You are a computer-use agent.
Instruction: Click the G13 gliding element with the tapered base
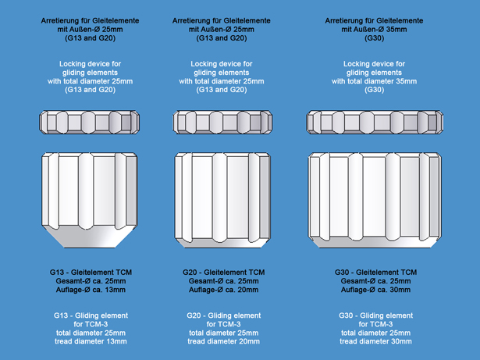[90, 200]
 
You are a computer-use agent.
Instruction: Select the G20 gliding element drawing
[222, 200]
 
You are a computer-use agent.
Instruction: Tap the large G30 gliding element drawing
[375, 200]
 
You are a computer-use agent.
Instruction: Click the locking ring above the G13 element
[90, 123]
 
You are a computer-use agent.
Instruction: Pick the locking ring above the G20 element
[222, 123]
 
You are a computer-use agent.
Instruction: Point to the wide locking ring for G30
[375, 123]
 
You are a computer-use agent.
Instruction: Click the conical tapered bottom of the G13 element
[90, 237]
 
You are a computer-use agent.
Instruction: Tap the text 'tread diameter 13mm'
[91, 341]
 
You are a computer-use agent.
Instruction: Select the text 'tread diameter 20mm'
[223, 341]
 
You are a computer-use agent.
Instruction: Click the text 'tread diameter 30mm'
[375, 341]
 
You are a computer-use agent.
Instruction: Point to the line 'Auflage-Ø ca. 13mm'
[91, 290]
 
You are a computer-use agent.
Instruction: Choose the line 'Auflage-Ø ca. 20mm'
[223, 290]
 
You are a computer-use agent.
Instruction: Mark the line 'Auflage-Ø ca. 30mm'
[375, 290]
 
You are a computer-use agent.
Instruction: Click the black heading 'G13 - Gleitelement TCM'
[91, 273]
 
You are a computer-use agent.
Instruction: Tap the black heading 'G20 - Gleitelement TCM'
[223, 273]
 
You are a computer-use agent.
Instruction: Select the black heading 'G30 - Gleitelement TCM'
[375, 273]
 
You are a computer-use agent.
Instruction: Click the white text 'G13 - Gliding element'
[91, 315]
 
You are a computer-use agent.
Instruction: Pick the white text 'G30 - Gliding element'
[375, 315]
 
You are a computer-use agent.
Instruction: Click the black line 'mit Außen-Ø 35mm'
[374, 30]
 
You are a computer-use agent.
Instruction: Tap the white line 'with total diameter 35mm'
[374, 81]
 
